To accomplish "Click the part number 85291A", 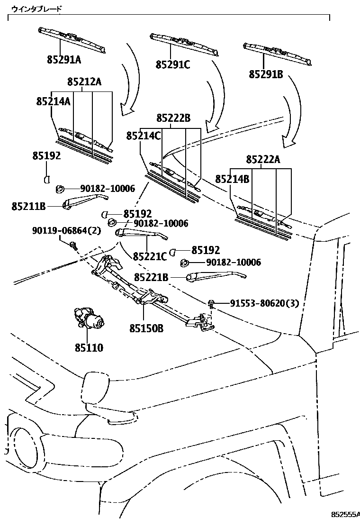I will [x=64, y=60].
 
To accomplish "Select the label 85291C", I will [x=173, y=64].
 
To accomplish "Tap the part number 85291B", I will [x=266, y=74].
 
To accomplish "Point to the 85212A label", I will [x=84, y=82].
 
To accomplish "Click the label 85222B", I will [x=173, y=118].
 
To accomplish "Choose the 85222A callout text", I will [x=263, y=160].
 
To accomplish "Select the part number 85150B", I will [x=146, y=327].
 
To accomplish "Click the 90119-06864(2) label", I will [x=67, y=231].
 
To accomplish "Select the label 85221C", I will [x=150, y=256].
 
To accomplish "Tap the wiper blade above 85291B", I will [x=277, y=53].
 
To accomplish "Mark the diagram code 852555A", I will [x=345, y=514].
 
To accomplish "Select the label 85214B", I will [x=232, y=179].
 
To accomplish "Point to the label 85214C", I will [x=144, y=136].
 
